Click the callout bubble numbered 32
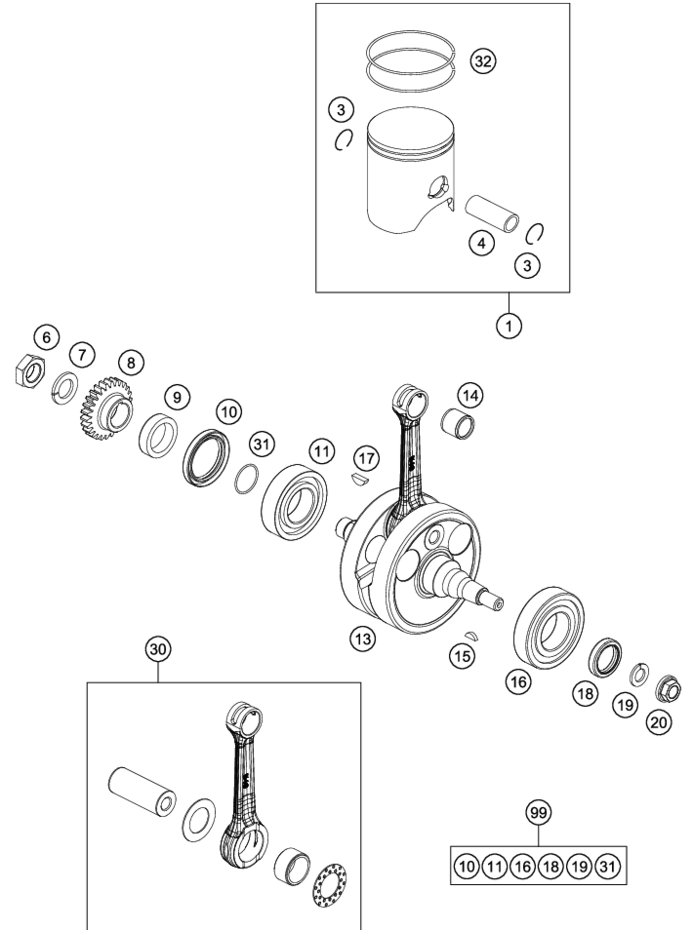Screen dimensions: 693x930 pos(483,61)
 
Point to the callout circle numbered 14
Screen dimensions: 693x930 pos(471,395)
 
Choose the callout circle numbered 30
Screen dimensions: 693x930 pos(158,649)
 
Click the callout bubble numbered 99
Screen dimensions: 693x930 pos(538,813)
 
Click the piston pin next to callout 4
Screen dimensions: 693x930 pos(492,213)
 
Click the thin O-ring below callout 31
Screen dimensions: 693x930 pos(247,479)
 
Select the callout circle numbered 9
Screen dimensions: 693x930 pos(177,397)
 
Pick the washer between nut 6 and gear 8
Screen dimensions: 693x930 pos(66,388)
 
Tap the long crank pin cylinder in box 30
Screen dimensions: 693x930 pos(142,792)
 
